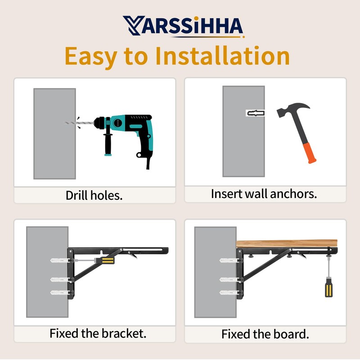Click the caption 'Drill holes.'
(94, 196)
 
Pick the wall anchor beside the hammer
(255, 113)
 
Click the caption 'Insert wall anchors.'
(264, 194)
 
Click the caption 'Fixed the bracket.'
(98, 334)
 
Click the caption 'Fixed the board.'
(265, 334)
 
